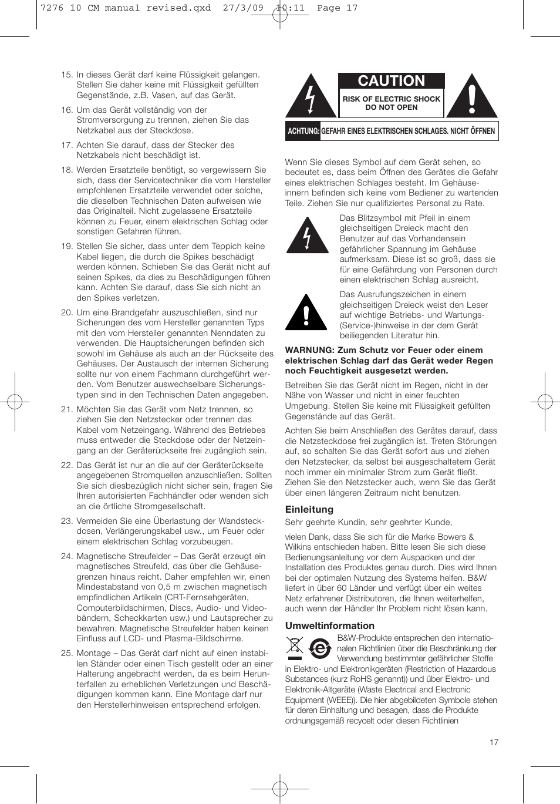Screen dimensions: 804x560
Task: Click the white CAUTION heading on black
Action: click(x=391, y=81)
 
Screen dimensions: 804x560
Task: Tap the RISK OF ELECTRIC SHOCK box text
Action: click(x=391, y=103)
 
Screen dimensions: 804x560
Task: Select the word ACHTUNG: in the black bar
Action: click(x=303, y=131)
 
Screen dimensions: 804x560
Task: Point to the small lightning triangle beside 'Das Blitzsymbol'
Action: click(x=307, y=236)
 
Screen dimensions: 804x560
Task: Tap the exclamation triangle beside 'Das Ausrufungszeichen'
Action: click(x=306, y=314)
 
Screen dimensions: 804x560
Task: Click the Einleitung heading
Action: click(x=309, y=509)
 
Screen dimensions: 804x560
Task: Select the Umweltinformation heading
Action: click(x=329, y=625)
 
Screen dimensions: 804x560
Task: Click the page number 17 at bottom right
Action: click(x=494, y=742)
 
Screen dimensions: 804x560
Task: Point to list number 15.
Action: click(x=66, y=75)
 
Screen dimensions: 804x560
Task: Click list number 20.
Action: click(x=66, y=312)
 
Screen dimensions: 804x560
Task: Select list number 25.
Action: click(x=66, y=653)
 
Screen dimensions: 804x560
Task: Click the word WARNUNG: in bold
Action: click(x=309, y=350)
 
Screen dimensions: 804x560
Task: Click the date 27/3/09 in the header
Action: click(x=243, y=8)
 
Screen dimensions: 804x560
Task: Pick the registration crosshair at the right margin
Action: click(x=545, y=402)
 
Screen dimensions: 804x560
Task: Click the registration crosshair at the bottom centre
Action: click(x=280, y=787)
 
